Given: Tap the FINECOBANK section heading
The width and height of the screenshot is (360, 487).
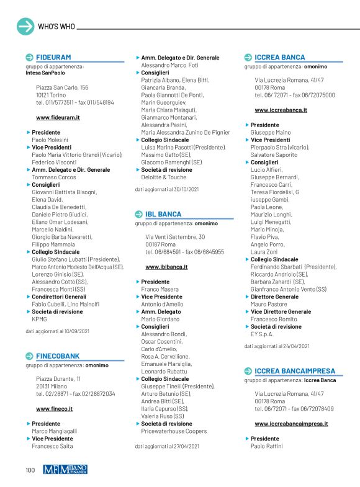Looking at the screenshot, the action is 58,356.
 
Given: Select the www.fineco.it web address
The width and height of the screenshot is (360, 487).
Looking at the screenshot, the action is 55,409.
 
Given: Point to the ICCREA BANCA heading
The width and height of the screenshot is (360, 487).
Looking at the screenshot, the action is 279,57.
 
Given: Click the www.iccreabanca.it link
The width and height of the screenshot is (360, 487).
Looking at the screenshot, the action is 281,110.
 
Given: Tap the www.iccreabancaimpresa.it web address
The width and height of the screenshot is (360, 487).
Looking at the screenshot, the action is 291,424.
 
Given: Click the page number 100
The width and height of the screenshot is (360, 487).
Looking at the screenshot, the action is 30,470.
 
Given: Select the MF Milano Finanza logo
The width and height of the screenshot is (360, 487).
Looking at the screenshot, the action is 65,470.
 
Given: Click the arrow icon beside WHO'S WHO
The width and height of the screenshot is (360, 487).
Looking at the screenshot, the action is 25,27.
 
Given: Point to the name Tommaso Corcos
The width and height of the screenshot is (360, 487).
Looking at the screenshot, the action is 54,177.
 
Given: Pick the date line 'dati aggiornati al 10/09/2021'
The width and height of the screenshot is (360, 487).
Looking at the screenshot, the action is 57,332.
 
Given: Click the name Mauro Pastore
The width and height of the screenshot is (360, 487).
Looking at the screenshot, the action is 269,304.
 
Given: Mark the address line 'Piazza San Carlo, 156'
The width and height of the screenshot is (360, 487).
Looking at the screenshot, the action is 62,87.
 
